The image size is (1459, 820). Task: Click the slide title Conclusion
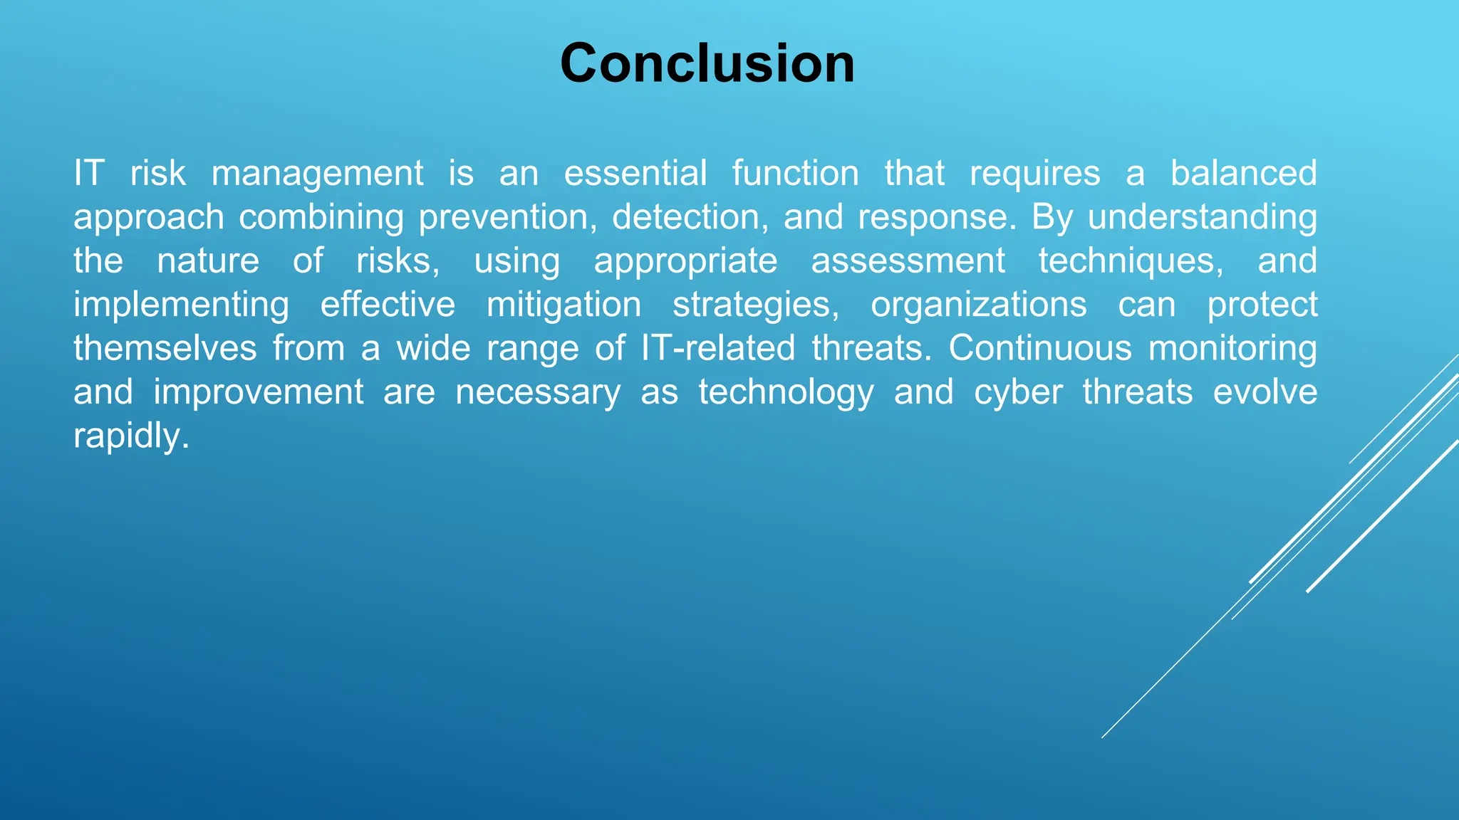tap(707, 63)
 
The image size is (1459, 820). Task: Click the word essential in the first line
tap(635, 174)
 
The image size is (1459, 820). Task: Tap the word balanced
tap(1243, 174)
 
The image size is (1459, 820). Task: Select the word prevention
tap(507, 217)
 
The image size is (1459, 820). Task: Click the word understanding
tap(1202, 217)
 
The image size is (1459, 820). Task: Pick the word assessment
tap(908, 261)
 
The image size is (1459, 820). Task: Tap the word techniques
tap(1131, 261)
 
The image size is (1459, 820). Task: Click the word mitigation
tap(564, 305)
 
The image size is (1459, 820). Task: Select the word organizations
tap(978, 305)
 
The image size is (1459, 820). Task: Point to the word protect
tap(1262, 305)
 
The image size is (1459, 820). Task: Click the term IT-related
tap(717, 349)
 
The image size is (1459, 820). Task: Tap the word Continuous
tap(1039, 349)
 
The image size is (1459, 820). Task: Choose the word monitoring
tap(1232, 349)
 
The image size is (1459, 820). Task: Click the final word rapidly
tap(131, 436)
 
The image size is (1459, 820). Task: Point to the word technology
tap(786, 393)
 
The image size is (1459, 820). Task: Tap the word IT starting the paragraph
tap(89, 174)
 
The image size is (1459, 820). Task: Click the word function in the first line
tap(795, 174)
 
